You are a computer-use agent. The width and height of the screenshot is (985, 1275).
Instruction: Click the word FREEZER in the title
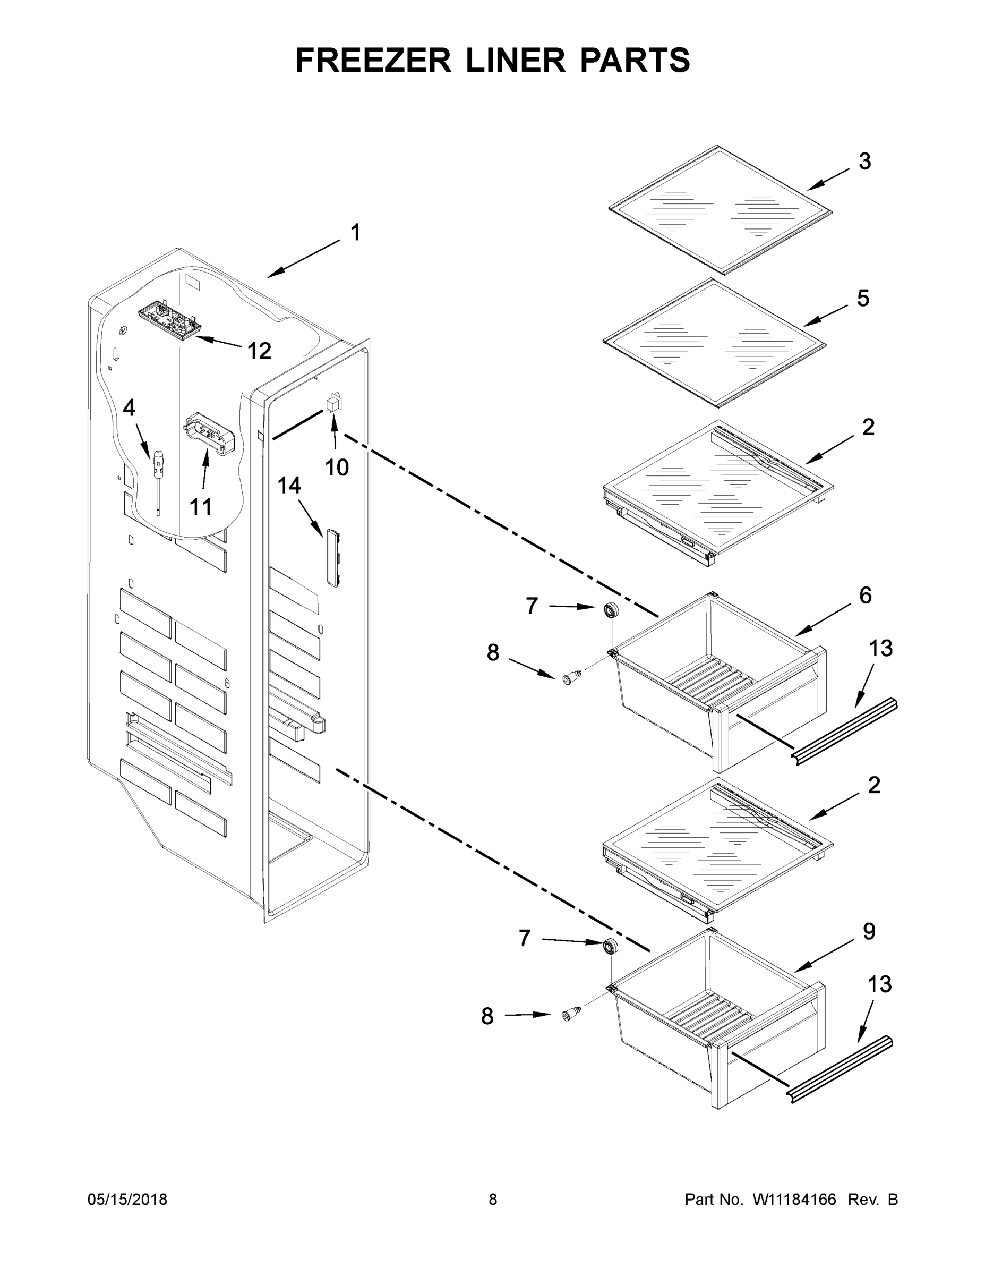(373, 60)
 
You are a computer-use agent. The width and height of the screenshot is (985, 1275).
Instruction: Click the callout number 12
(259, 351)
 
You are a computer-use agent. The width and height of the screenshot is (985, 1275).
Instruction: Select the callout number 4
(129, 407)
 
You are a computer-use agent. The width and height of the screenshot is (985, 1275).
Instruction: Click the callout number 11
(201, 507)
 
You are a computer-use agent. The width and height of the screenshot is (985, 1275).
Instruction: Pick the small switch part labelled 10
(333, 403)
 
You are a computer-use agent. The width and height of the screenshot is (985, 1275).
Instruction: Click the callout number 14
(289, 485)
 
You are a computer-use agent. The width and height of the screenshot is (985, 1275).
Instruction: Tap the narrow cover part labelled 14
(332, 557)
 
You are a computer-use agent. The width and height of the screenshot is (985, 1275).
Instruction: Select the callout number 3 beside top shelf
(864, 161)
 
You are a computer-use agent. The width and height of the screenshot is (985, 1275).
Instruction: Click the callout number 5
(862, 299)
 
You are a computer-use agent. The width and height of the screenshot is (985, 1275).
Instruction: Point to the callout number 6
(865, 596)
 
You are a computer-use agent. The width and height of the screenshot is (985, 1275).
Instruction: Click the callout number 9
(869, 932)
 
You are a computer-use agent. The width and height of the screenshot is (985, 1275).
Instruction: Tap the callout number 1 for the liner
(355, 233)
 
